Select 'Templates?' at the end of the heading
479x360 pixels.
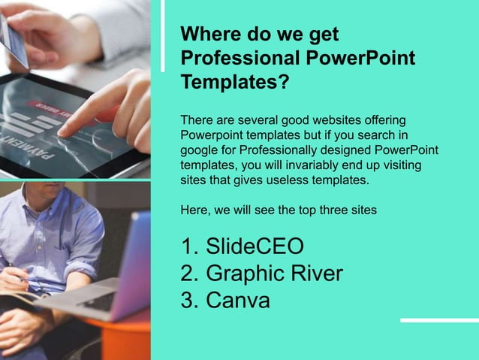[235, 82]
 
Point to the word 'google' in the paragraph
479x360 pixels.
[199, 150]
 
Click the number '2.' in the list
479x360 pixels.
[189, 274]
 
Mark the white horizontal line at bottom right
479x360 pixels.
[439, 320]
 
